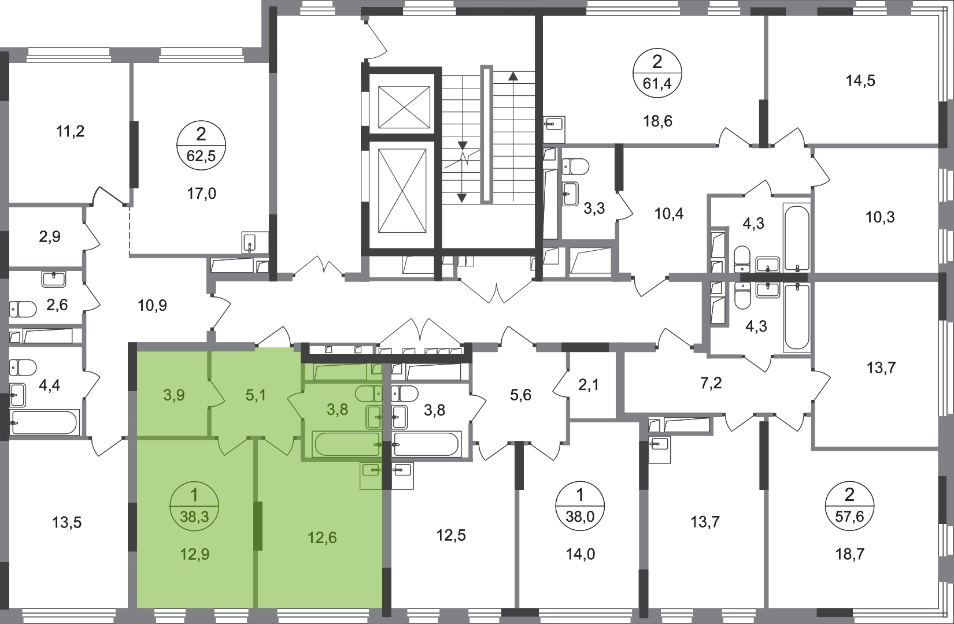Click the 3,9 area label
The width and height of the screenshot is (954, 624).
coord(173,396)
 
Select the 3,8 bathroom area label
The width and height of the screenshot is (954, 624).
coord(338,409)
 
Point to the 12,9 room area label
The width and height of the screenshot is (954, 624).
coord(195,555)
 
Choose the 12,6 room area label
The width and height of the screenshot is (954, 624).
coord(323,538)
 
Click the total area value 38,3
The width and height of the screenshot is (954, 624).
coord(194,518)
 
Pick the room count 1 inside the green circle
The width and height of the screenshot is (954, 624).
coord(194,495)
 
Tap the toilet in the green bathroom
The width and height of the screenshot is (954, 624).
coord(368,394)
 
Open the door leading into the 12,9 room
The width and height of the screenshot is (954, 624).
coord(234,446)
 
